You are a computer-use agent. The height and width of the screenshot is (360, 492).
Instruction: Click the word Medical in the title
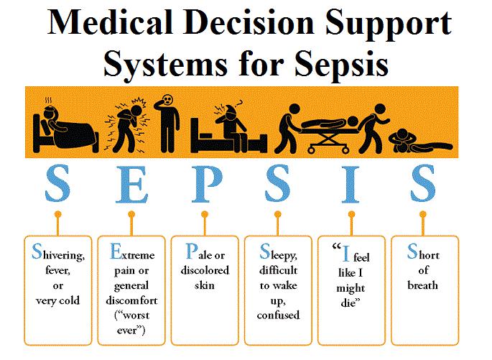(x=110, y=22)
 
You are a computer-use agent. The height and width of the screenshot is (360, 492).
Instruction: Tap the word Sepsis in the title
(x=341, y=65)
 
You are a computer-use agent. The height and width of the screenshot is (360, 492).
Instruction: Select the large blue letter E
(x=131, y=185)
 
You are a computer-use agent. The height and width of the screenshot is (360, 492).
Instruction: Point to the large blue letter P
(x=207, y=185)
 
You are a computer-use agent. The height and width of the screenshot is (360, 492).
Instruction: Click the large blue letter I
(x=351, y=185)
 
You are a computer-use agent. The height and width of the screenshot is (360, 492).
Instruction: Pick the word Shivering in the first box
(x=58, y=253)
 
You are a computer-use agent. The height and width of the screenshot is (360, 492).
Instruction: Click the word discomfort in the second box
(x=131, y=300)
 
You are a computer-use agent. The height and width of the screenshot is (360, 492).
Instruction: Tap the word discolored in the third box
(x=205, y=270)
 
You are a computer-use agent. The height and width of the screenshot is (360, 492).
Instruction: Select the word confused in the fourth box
(x=278, y=315)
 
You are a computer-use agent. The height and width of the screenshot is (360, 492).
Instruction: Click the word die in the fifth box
(x=348, y=303)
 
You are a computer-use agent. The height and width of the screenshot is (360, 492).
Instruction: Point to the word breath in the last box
(x=422, y=285)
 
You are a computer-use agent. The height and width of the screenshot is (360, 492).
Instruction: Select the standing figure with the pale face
(x=167, y=124)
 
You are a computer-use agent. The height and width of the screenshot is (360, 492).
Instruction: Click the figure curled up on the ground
(x=420, y=141)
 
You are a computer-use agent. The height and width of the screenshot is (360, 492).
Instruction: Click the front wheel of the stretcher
(x=311, y=149)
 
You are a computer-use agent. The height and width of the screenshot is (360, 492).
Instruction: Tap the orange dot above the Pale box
(x=205, y=214)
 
